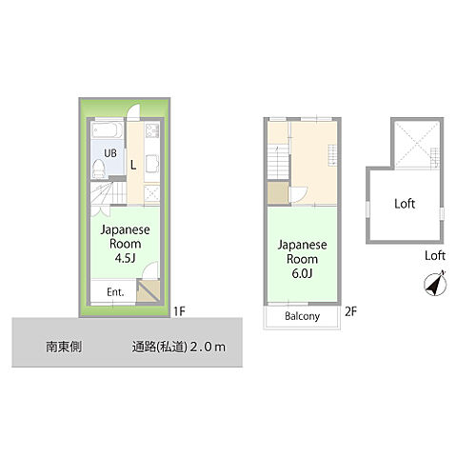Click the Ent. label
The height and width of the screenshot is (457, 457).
click(116, 292)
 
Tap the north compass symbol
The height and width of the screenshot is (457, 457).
click(434, 284)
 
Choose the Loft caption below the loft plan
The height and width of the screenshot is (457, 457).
click(435, 256)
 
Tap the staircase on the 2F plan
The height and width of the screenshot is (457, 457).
click(278, 162)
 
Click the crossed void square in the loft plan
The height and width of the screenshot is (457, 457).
click(416, 144)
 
